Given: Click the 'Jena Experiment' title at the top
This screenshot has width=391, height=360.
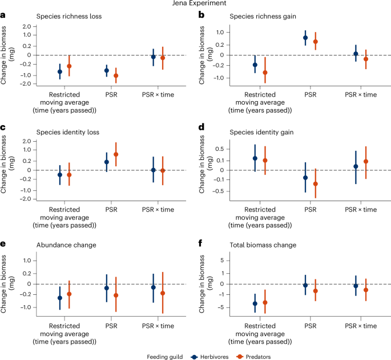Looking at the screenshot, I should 195,4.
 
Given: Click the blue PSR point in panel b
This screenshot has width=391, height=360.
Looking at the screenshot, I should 305,38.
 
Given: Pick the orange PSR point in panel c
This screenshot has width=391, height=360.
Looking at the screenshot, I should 116,154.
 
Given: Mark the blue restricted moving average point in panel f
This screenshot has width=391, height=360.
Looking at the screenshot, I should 255,303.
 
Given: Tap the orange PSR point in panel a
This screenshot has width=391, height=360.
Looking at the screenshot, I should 116,75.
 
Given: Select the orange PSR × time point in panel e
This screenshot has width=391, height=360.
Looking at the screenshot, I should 163,293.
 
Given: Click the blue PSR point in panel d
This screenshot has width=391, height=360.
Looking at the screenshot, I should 305,178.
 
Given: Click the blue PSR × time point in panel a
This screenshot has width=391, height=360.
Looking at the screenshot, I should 153,57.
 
